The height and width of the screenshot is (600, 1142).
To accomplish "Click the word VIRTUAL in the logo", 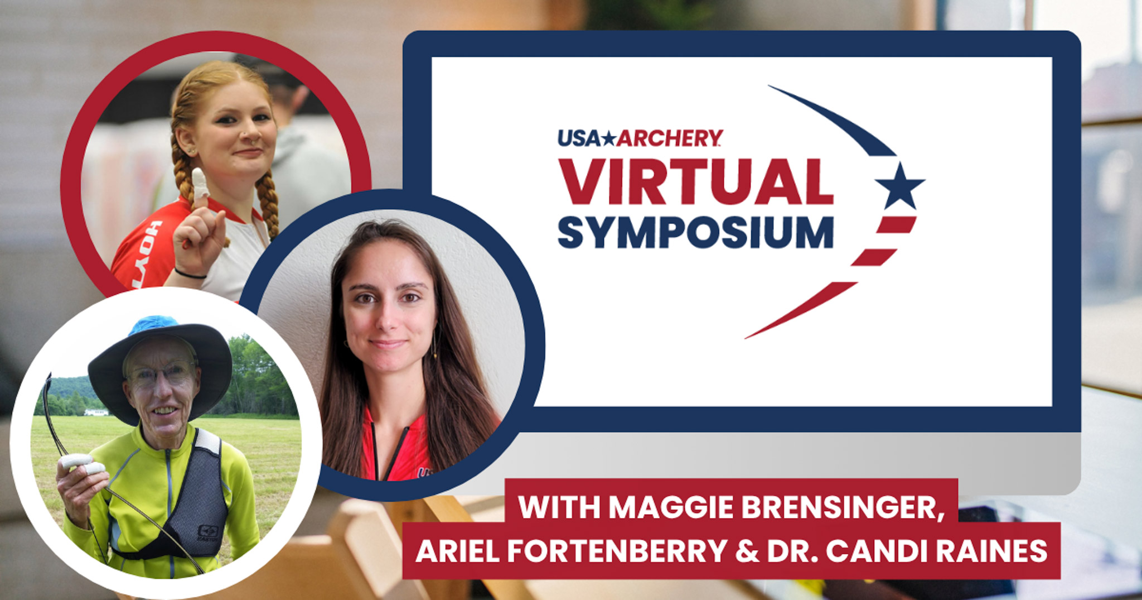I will [695, 182].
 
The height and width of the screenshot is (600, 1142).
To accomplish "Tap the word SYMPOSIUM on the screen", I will [695, 233].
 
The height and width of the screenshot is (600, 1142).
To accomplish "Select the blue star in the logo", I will [899, 185].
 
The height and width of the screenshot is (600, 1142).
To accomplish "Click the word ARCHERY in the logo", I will [669, 138].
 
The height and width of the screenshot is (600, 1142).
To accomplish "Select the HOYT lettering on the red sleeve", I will [148, 254].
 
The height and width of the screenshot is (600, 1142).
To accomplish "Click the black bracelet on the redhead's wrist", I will [190, 274].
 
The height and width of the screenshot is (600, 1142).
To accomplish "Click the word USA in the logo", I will [579, 138].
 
